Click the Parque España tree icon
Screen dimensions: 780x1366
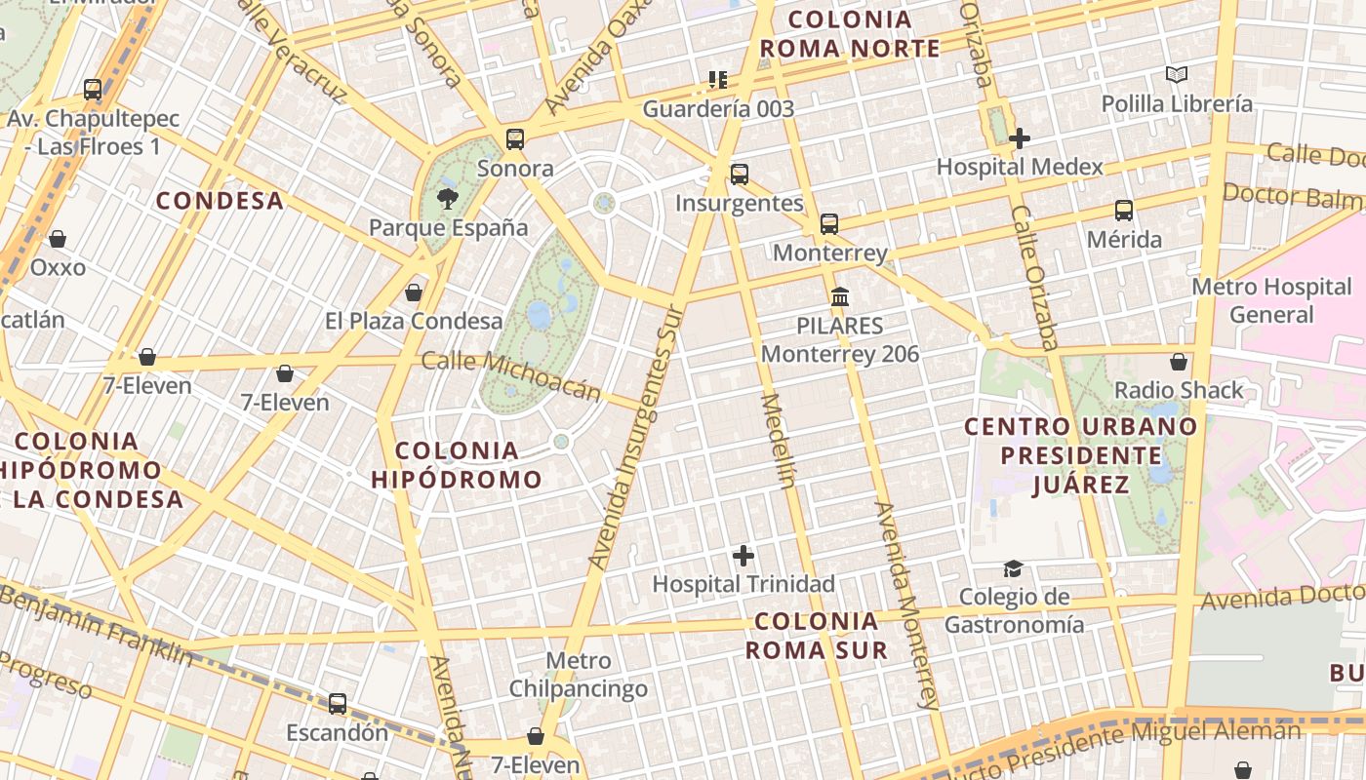447,199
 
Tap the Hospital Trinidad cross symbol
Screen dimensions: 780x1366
743,556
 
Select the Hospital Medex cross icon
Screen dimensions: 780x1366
1020,138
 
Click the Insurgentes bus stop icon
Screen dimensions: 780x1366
740,175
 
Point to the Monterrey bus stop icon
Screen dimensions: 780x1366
829,224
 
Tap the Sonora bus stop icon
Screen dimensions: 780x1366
515,139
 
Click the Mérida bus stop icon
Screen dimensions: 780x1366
1124,211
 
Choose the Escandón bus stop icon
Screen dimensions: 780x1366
338,703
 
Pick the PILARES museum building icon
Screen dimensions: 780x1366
839,296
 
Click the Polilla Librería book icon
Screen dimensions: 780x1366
1177,74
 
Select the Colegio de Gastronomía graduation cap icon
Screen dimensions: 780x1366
1013,568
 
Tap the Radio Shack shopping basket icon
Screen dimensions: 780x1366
1179,362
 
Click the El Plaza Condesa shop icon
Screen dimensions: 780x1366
414,292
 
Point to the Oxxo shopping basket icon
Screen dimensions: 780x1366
58,239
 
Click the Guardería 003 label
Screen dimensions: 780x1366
718,108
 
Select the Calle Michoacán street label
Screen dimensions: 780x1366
511,375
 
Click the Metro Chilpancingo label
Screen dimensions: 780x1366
578,675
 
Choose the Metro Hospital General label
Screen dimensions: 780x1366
1271,300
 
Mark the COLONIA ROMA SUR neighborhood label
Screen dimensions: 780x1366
817,636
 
